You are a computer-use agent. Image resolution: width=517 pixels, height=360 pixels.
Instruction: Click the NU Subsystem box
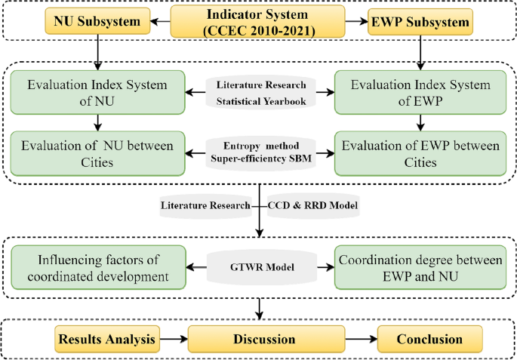pos(98,22)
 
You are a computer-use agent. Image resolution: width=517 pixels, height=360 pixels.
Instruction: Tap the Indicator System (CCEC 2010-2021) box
pos(259,22)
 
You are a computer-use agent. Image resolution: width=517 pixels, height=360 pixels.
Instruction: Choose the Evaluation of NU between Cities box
pos(97,154)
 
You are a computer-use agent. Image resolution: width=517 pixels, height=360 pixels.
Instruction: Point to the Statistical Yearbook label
pos(259,102)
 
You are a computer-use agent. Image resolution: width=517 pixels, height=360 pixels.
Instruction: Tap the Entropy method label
pos(259,146)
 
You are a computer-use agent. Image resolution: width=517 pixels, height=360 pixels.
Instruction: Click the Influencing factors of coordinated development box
pos(97,267)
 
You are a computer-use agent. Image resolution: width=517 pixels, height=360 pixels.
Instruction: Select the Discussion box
pos(260,339)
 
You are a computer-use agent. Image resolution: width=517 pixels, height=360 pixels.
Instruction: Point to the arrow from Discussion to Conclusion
pos(353,339)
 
